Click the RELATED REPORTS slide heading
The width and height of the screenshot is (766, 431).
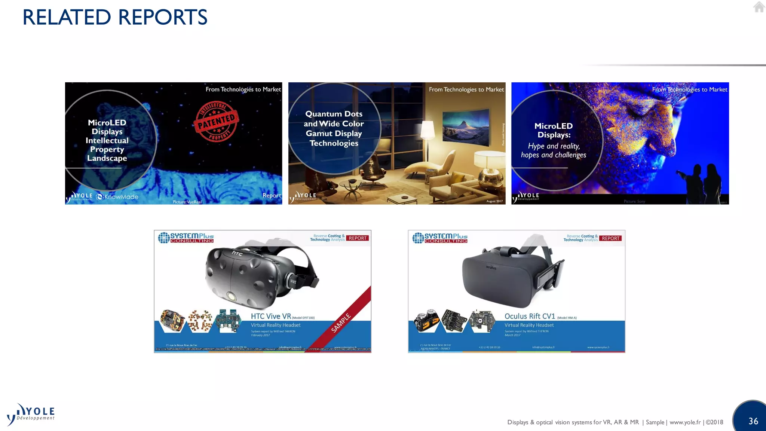(115, 17)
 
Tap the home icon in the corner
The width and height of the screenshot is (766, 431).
(759, 7)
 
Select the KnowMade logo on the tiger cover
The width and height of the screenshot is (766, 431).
(117, 197)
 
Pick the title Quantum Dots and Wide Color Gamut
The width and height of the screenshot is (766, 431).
(334, 128)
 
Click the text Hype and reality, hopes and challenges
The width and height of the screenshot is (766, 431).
(554, 150)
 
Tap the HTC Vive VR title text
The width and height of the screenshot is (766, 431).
(271, 316)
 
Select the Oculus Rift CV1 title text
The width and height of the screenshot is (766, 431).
(530, 316)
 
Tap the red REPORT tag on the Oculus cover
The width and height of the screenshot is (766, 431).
(610, 238)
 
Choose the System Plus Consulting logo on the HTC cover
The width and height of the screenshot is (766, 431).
(186, 238)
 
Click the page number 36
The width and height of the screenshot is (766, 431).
(753, 421)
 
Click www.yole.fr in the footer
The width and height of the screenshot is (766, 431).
(685, 422)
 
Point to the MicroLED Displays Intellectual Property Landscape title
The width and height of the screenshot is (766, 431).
(107, 140)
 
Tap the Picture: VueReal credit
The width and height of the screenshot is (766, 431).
(187, 202)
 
